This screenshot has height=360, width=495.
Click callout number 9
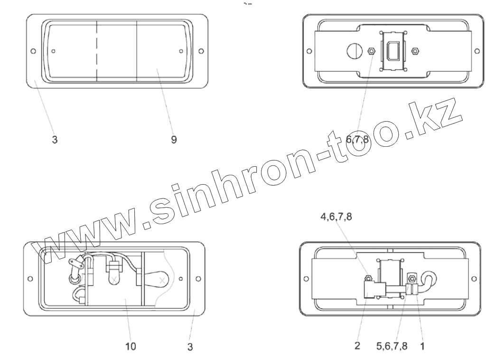[174, 140]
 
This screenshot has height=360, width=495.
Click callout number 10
[131, 346]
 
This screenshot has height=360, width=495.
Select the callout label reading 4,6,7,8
[336, 217]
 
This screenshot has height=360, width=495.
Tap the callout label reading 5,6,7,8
[392, 346]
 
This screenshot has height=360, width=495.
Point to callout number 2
[357, 346]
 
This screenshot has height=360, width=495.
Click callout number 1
[422, 346]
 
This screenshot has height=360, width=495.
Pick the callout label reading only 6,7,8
[357, 139]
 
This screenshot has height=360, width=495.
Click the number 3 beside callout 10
[190, 347]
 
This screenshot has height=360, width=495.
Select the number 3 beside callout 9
[55, 140]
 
